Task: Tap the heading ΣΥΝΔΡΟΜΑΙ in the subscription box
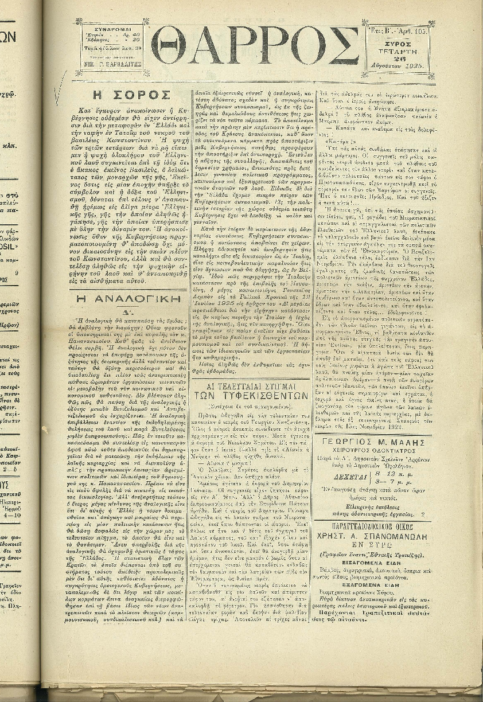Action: [x=112, y=28]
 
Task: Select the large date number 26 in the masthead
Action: [x=399, y=58]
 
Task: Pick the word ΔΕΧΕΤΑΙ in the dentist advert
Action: [x=348, y=475]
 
